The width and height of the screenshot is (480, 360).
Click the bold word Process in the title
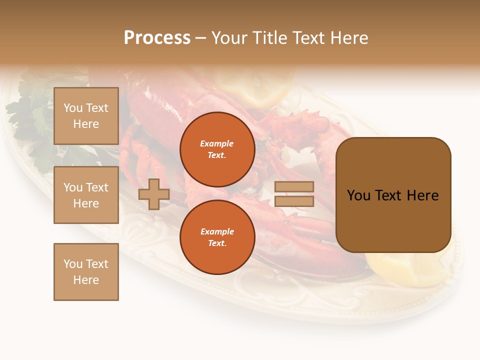click(157, 37)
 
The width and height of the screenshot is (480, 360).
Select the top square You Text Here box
click(86, 116)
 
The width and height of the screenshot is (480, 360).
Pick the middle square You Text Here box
click(86, 195)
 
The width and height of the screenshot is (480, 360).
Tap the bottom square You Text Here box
click(86, 271)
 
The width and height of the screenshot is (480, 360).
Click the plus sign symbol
click(153, 194)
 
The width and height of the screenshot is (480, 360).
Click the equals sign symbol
click(294, 194)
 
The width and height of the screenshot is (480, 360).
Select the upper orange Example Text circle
click(217, 149)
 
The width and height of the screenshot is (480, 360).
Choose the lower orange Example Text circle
click(217, 237)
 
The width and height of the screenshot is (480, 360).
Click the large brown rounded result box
click(393, 195)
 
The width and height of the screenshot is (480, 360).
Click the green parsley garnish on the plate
click(30, 120)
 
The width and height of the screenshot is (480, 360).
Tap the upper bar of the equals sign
click(294, 186)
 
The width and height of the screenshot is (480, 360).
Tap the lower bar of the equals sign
click(294, 201)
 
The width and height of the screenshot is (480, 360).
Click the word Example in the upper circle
click(217, 143)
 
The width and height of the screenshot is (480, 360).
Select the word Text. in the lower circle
click(217, 243)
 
